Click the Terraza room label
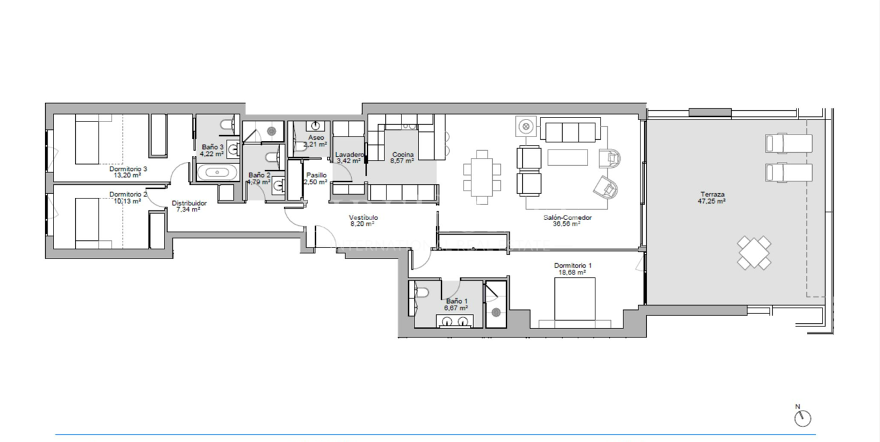(x=712, y=194)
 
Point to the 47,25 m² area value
(x=712, y=202)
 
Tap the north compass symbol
(x=802, y=418)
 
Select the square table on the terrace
(x=754, y=253)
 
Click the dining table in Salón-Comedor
(x=482, y=177)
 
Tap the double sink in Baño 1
(x=455, y=321)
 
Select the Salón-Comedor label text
(x=567, y=217)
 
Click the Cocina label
(x=402, y=155)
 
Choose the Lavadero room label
(x=349, y=155)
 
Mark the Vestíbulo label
(x=363, y=217)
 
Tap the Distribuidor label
(x=189, y=203)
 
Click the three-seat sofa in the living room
(x=571, y=131)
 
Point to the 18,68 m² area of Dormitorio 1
(x=572, y=273)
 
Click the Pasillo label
(x=316, y=175)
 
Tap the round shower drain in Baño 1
(x=496, y=312)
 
